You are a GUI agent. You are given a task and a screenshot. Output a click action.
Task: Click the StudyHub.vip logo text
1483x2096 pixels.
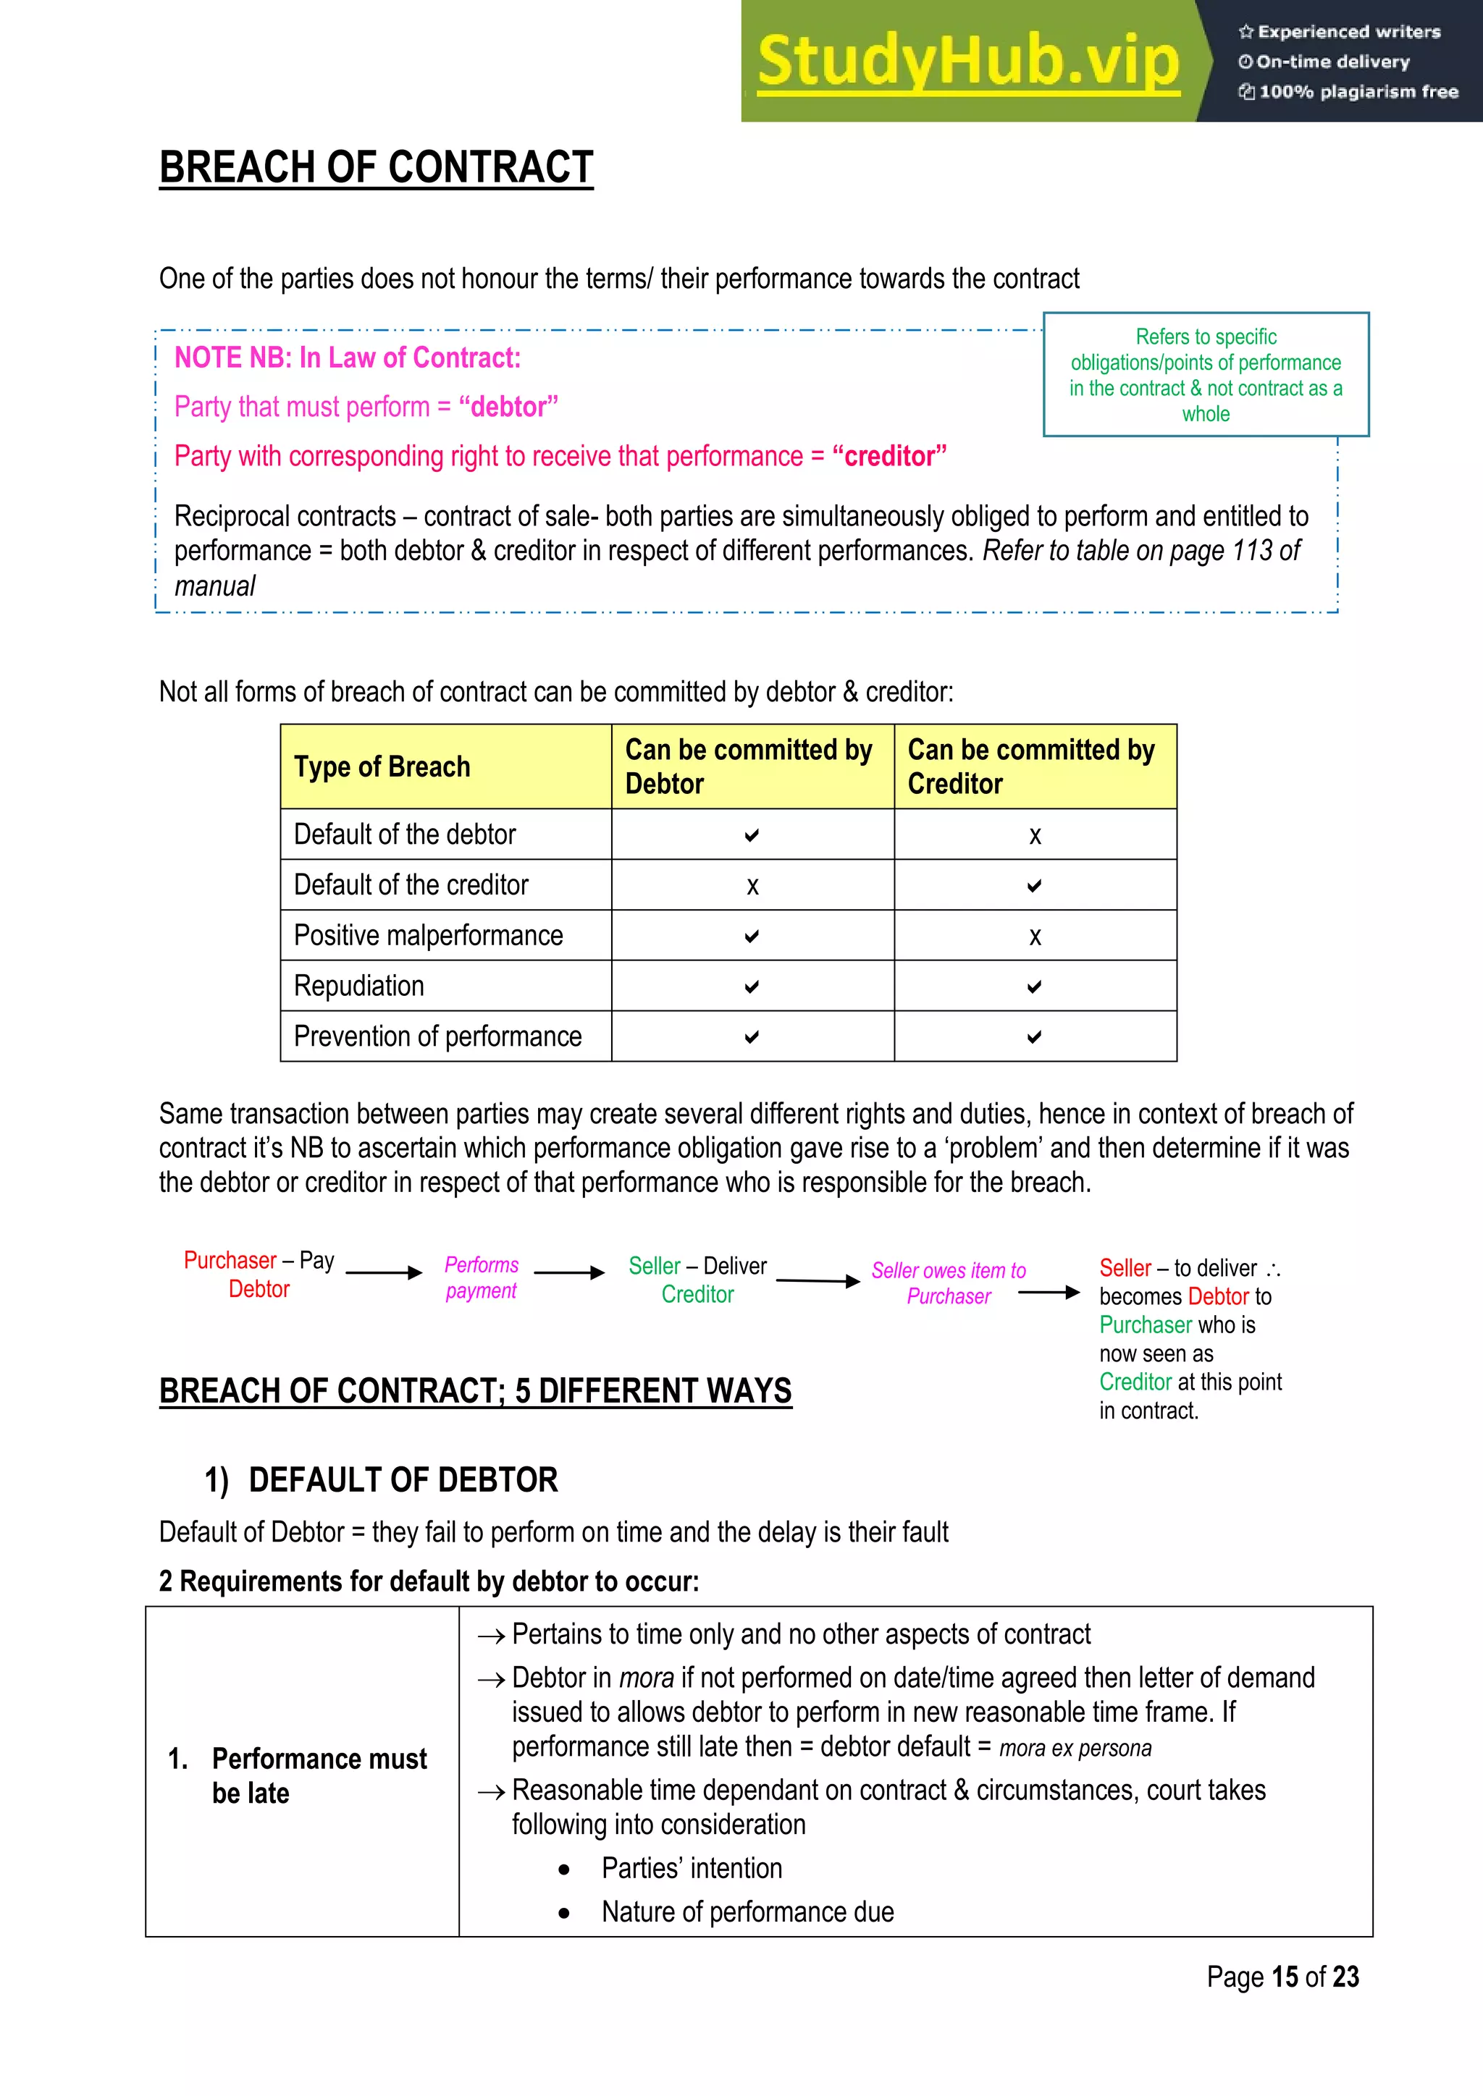coord(968,62)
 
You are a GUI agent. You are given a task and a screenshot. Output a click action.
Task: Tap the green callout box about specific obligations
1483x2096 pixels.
coord(1206,374)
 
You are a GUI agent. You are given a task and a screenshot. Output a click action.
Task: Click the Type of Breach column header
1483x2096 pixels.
coord(382,767)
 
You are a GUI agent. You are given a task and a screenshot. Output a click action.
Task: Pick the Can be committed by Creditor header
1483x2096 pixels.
coord(1032,767)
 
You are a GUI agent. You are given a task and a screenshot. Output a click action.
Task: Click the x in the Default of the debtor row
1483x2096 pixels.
coord(1035,835)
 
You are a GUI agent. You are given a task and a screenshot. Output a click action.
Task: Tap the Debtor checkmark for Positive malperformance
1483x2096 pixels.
coord(752,937)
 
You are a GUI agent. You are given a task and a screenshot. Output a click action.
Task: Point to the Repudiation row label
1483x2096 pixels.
coord(359,986)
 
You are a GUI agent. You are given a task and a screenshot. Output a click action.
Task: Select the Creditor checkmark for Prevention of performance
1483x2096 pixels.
coord(1034,1037)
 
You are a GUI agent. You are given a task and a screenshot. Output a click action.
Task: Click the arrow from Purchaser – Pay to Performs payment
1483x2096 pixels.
coord(384,1272)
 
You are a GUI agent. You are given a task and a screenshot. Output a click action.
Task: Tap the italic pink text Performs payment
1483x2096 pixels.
coord(482,1277)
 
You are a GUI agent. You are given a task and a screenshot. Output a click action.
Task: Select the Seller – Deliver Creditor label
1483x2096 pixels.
coord(697,1280)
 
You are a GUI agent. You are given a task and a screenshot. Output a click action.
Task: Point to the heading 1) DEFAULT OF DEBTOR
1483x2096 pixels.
coord(381,1480)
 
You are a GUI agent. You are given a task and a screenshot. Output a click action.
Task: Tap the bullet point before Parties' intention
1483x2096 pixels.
coord(564,1869)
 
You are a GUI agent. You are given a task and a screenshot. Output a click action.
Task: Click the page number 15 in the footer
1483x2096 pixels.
coord(1284,1977)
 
